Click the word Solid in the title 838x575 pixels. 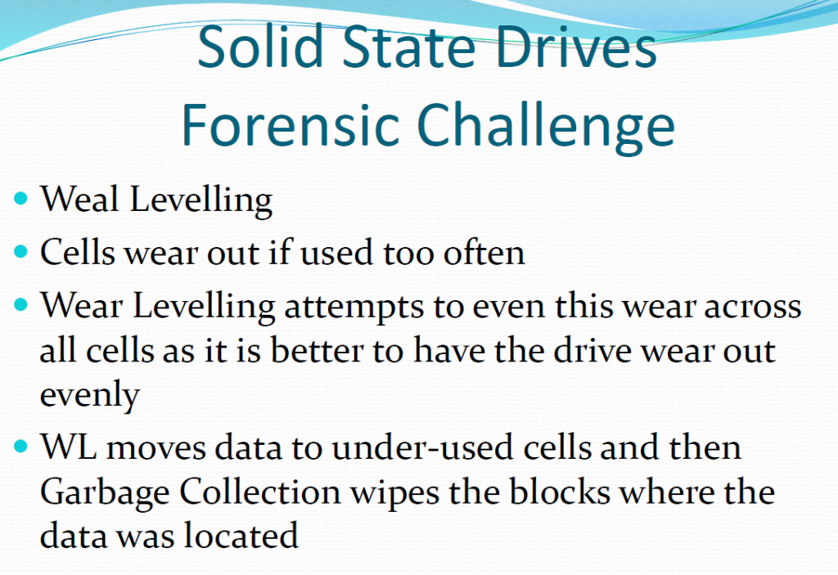click(261, 46)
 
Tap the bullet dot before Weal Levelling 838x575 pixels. click(20, 199)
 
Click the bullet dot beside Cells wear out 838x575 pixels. click(20, 251)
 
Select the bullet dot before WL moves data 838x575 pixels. click(20, 446)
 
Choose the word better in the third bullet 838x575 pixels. click(315, 351)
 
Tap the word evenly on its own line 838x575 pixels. click(90, 397)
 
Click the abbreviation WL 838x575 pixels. click(69, 447)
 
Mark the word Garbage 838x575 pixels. click(105, 492)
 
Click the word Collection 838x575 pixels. click(259, 491)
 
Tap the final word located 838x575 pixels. click(240, 535)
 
